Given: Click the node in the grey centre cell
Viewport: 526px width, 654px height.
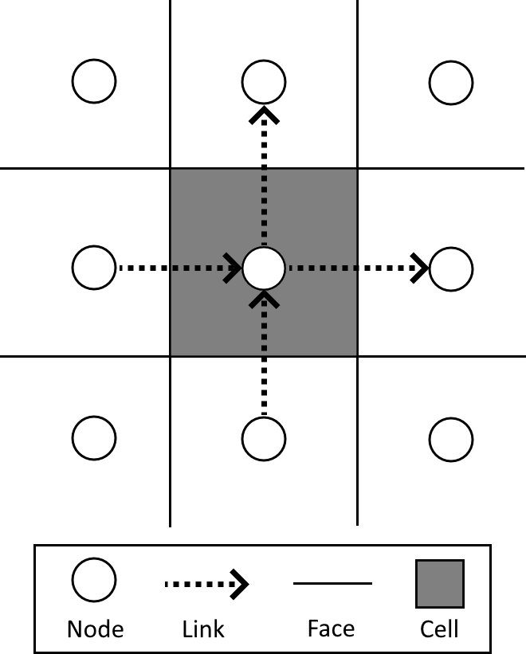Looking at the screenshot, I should coord(263,268).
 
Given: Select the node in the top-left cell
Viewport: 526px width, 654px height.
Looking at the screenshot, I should coord(94,80).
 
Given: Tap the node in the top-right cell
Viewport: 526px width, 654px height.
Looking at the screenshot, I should coord(451,80).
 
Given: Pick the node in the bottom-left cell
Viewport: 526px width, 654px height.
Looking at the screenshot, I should coord(94,437).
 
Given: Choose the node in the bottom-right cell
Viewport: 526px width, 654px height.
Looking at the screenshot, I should coord(451,437).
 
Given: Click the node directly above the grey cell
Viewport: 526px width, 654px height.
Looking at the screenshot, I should coord(263,80).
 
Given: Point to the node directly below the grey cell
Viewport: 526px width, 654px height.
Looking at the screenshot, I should coord(263,437).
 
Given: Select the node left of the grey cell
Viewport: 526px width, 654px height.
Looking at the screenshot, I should coord(94,268).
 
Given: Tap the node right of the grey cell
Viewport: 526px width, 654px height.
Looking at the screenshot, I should coord(451,268).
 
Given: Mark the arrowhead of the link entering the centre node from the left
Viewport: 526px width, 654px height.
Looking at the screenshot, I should coord(234,268).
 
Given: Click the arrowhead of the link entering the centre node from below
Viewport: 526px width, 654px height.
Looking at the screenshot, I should coord(263,299).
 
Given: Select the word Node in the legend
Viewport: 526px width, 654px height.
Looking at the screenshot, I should coord(96,629).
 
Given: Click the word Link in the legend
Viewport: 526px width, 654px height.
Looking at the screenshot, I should coord(203,629).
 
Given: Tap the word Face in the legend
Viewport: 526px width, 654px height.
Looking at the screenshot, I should coord(331,629).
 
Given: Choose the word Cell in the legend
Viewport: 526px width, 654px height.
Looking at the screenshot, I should coord(439,629).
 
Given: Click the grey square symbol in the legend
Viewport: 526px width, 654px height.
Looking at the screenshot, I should coord(439,583).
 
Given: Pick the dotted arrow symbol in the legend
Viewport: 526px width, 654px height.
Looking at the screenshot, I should coord(206,585).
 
